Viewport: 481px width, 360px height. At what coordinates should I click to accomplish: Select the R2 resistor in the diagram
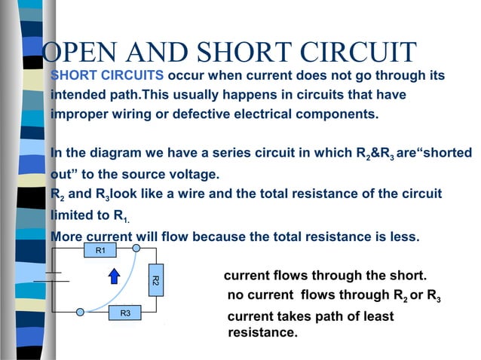(154, 280)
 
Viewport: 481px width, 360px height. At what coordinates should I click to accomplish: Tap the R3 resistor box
(125, 313)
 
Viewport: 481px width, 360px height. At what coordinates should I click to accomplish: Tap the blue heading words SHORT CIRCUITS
(107, 76)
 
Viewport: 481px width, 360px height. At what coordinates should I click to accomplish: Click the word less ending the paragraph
(402, 236)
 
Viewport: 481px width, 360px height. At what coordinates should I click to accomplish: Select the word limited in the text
(72, 215)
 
